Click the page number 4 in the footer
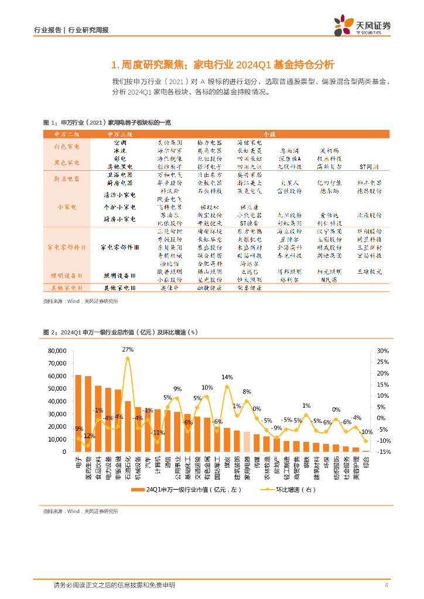pos(387,586)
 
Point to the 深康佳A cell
pos(289,159)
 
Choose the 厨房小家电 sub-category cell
pos(119,219)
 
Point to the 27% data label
pos(128,349)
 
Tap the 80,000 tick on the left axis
pos(57,351)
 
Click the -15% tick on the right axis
pos(384,452)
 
